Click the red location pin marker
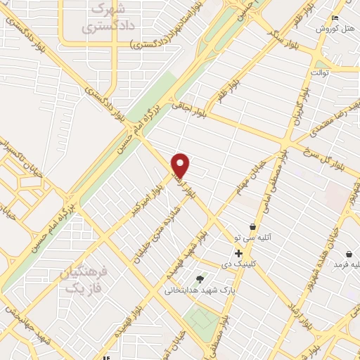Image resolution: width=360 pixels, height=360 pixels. click(x=181, y=165)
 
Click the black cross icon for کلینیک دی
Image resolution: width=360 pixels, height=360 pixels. click(x=239, y=253)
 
